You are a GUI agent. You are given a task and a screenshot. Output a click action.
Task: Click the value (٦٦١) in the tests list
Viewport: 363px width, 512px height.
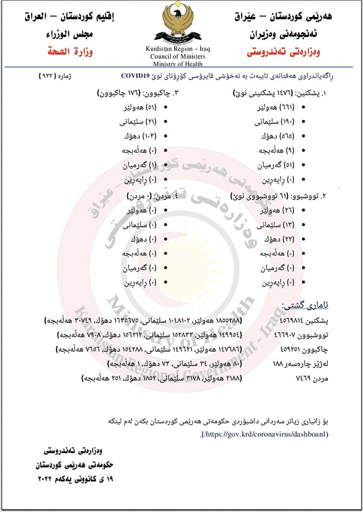click(x=287, y=108)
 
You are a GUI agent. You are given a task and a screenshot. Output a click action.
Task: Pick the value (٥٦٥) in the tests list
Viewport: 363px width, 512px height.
click(x=287, y=136)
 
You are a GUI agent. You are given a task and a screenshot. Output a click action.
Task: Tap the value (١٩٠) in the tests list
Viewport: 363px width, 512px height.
click(x=287, y=122)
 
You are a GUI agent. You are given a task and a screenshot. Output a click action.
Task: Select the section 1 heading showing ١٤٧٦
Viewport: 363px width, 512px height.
click(x=279, y=93)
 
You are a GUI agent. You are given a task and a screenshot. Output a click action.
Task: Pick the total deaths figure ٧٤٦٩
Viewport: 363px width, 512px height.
click(x=292, y=378)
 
